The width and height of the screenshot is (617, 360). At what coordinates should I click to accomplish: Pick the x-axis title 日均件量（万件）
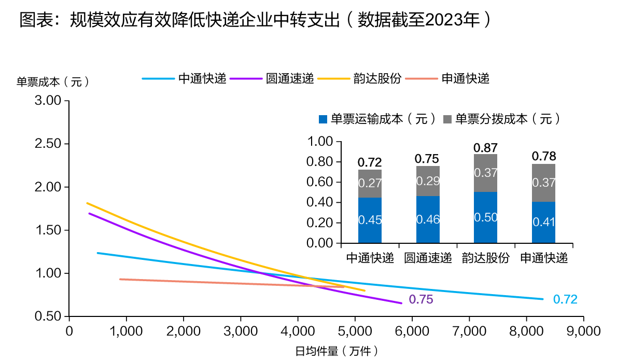(x=336, y=351)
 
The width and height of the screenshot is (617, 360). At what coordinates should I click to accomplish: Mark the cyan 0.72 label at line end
(x=565, y=299)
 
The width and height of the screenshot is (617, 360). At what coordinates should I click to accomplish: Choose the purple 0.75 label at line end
(x=420, y=299)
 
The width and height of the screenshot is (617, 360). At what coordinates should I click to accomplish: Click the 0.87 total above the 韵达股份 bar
(x=486, y=147)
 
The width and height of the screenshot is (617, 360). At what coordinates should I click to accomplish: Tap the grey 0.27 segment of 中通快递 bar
(x=370, y=184)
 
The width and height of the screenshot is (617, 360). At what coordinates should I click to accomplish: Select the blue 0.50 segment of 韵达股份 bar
(x=486, y=217)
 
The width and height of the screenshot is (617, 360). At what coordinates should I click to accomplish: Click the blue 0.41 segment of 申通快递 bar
(x=544, y=222)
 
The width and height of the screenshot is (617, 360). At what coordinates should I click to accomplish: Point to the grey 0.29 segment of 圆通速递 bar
(x=428, y=181)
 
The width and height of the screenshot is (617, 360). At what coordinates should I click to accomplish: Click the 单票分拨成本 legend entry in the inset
(x=502, y=119)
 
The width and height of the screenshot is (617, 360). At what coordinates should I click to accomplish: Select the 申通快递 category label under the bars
(x=544, y=258)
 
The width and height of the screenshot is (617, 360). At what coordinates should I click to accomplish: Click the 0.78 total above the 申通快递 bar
(x=544, y=156)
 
